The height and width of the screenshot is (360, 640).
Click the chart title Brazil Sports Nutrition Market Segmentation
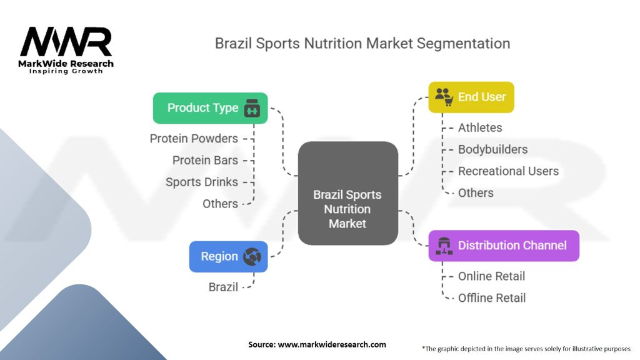click(362, 43)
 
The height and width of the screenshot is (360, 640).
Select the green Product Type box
click(210, 108)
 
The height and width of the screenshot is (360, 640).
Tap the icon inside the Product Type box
click(252, 108)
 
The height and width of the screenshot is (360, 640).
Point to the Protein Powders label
click(194, 138)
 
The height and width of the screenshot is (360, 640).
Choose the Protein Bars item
click(205, 160)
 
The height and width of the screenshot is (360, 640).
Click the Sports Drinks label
click(202, 182)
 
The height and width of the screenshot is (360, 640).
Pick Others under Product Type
click(220, 204)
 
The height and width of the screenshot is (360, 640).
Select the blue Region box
click(228, 256)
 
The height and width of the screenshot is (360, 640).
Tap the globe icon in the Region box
click(252, 256)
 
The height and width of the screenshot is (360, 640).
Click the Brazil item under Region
click(223, 287)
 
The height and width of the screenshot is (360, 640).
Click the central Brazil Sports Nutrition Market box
click(347, 193)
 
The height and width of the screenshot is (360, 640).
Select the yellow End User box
click(471, 97)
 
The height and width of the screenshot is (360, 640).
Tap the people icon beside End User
click(443, 96)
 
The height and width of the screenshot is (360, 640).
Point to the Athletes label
click(480, 127)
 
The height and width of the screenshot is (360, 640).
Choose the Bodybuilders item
click(492, 149)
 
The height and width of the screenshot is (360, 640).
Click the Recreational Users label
click(508, 171)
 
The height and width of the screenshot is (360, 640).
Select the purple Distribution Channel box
click(503, 245)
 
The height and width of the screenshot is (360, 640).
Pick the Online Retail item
click(491, 276)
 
